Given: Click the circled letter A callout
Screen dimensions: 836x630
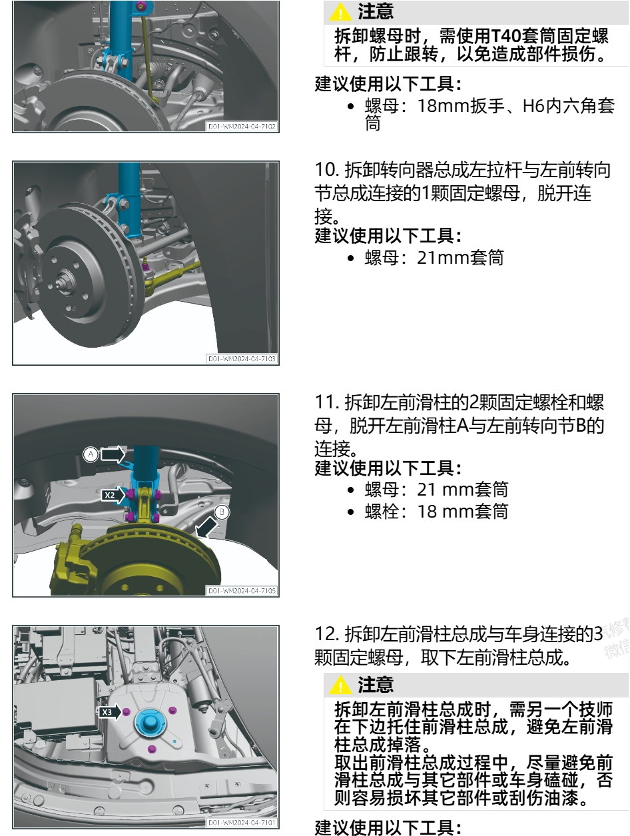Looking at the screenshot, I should tap(91, 454).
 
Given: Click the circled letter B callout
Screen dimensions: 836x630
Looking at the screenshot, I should tap(224, 512).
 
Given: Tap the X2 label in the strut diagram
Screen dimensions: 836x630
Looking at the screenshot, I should tap(110, 496).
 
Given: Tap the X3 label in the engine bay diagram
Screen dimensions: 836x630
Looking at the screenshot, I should tap(108, 712).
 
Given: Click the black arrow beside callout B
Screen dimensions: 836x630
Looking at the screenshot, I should tap(205, 528).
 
